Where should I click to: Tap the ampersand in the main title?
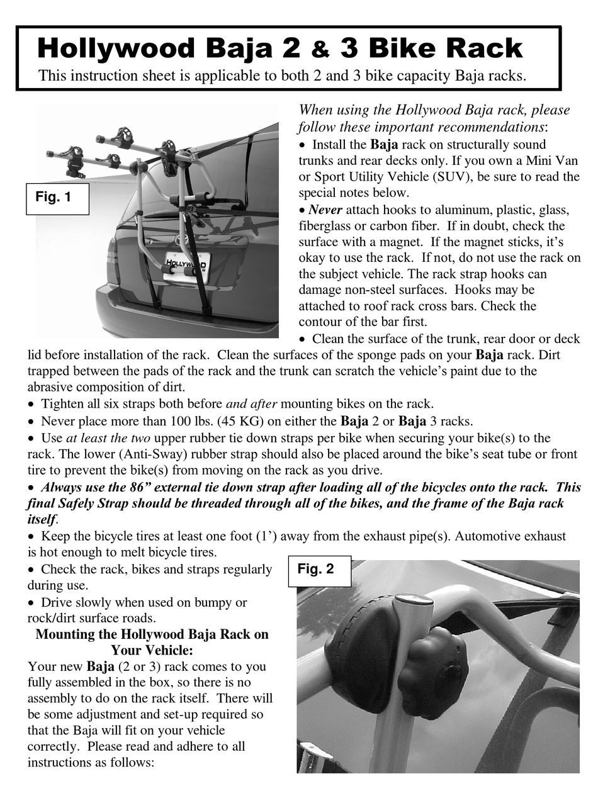tap(320, 50)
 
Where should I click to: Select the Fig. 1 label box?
tap(57, 198)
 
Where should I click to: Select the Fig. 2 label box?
tap(319, 570)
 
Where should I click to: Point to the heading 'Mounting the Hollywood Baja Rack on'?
tap(152, 634)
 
